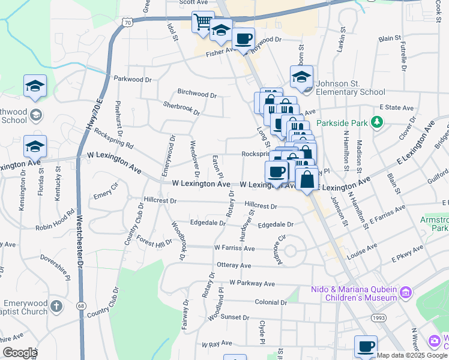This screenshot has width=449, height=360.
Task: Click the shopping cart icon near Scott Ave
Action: (203, 22)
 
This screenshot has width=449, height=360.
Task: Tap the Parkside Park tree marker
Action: (377, 123)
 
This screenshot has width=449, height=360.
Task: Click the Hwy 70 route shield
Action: (126, 22)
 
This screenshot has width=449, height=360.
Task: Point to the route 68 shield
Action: (80, 307)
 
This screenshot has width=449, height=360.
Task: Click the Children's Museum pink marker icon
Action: (406, 293)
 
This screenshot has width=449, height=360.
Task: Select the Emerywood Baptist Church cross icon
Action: (56, 307)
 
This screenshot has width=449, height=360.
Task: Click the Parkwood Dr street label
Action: (132, 79)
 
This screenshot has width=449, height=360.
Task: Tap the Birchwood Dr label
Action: (197, 94)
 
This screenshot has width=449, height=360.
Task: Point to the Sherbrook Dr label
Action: (181, 108)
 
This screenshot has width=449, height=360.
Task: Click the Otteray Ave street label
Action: (234, 265)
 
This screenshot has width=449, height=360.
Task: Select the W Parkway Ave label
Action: (252, 283)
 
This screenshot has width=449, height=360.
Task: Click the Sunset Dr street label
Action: (235, 317)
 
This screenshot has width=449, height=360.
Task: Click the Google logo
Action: (20, 353)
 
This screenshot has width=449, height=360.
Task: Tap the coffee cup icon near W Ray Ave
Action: (366, 347)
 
